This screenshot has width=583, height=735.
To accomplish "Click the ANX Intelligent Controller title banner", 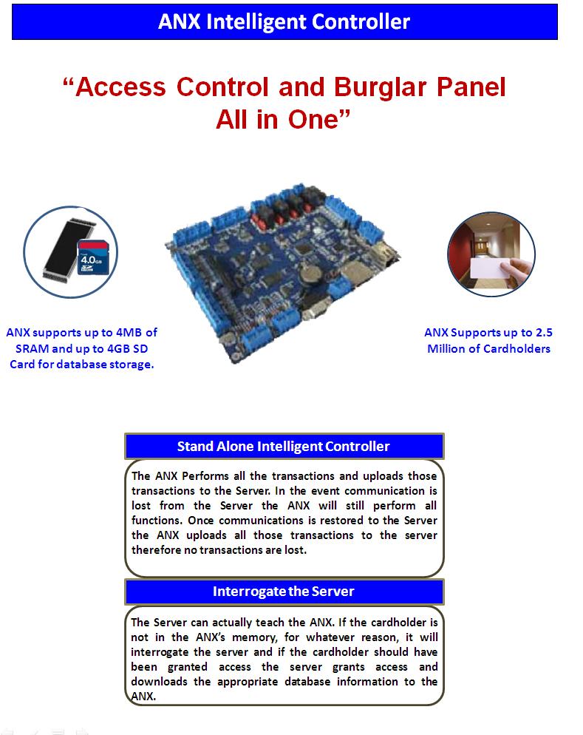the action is coord(284,21).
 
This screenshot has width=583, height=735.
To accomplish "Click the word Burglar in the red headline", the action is coord(380,87).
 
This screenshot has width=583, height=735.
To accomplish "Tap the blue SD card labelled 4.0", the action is coord(93,258).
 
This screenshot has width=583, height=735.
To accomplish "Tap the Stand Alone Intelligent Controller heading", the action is coord(284,447).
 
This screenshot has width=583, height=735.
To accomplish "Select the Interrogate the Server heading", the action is coord(284,592).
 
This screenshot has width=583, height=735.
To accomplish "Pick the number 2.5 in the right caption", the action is coord(544,332).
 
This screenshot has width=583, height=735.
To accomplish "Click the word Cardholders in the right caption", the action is coord(517,349).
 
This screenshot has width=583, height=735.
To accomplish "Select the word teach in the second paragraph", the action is coord(270,623).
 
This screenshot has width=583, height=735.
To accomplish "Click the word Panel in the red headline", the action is coord(471,87).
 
